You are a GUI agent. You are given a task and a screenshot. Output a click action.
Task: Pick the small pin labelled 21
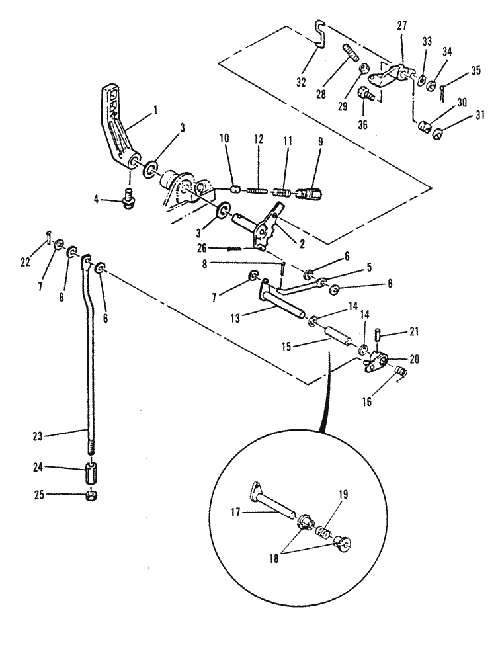click(x=378, y=336)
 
